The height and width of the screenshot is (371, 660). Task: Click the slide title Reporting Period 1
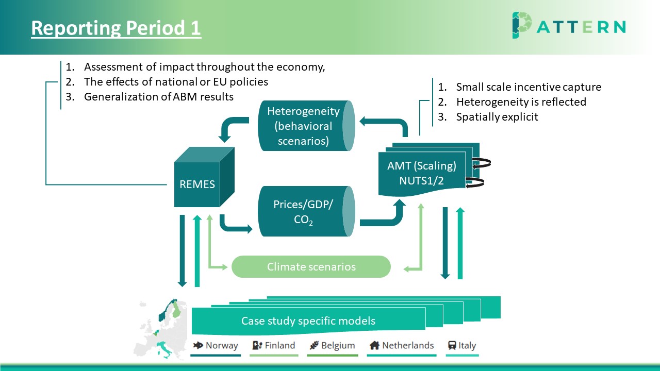(x=116, y=28)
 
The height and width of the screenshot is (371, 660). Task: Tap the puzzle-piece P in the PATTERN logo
(x=521, y=25)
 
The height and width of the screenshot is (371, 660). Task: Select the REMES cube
(x=204, y=177)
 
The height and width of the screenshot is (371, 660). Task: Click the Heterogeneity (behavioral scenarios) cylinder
(x=306, y=126)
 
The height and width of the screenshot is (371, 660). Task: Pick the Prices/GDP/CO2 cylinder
(x=306, y=211)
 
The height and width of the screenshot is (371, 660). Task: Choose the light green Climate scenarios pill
(x=311, y=267)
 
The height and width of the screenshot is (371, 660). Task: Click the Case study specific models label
(x=308, y=321)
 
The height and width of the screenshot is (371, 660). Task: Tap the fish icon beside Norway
(x=198, y=345)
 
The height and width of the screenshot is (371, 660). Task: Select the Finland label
(x=279, y=345)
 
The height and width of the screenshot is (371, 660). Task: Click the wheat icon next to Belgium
(x=315, y=345)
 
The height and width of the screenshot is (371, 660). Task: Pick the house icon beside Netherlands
(x=374, y=345)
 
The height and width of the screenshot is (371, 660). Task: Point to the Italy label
(x=467, y=345)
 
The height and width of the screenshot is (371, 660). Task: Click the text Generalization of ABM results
(x=159, y=96)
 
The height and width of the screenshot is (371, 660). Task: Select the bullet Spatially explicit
(x=497, y=117)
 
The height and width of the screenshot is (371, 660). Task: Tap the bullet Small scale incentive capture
(x=529, y=87)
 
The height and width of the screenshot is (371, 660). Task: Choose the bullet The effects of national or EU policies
(x=176, y=82)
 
